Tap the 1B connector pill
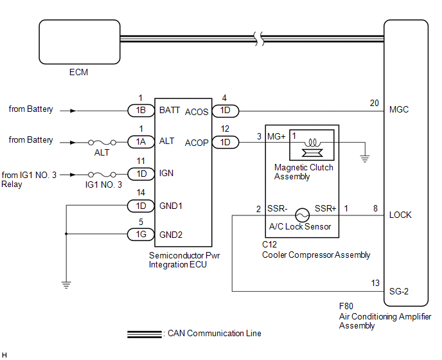tap(141, 111)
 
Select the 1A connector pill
tap(141, 142)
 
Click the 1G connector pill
tap(141, 235)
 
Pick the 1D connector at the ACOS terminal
tap(225, 111)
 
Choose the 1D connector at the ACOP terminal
tap(225, 142)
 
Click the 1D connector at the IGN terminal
tap(141, 174)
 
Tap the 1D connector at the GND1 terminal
tap(141, 206)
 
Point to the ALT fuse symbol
tap(102, 143)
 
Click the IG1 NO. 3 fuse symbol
tap(102, 174)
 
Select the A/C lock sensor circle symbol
tap(302, 215)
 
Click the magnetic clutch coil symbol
tap(312, 143)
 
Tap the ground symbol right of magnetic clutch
tap(365, 159)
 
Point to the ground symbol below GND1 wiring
tap(66, 285)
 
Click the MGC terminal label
tap(399, 109)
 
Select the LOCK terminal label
tap(400, 215)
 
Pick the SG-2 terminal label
tap(399, 291)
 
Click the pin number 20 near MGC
tap(375, 104)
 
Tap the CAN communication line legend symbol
tap(145, 334)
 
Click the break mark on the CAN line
tap(259, 39)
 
